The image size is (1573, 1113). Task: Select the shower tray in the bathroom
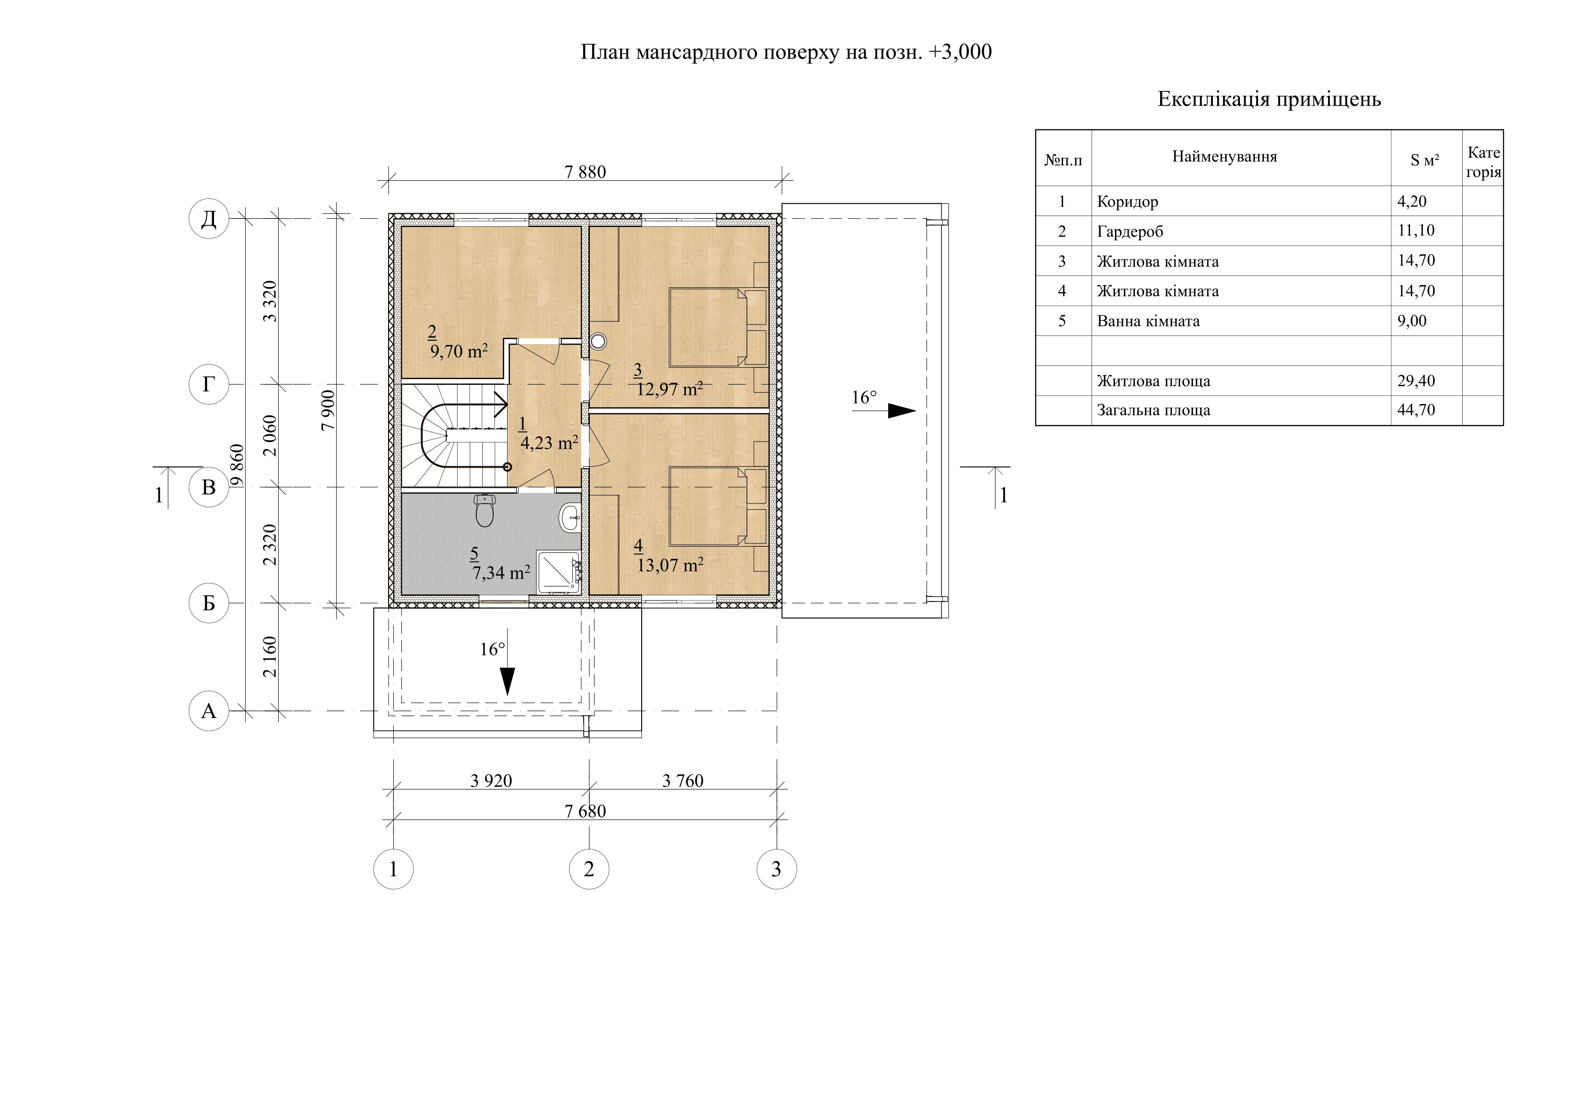559,571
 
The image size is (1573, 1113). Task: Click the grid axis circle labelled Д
208,218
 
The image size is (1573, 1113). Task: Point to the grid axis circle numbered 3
776,869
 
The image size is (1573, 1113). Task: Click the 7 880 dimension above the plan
585,172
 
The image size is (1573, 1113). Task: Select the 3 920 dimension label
491,780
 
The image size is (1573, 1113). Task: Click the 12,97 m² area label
669,389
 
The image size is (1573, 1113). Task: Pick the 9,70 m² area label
459,351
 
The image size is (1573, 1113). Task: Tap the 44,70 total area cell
1416,410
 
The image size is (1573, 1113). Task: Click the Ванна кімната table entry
1148,321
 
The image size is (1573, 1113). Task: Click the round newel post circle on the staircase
507,467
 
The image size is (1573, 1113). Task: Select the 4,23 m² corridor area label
549,443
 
